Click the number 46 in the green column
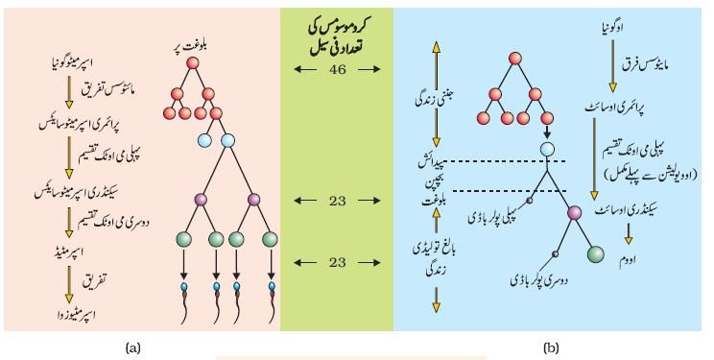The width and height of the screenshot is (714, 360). click(x=337, y=69)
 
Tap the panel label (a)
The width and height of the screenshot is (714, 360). click(x=132, y=348)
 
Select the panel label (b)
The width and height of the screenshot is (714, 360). click(x=551, y=348)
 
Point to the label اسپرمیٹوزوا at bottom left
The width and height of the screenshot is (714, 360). click(x=74, y=314)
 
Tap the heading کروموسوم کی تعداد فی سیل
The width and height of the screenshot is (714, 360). click(x=339, y=38)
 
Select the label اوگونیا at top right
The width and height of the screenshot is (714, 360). click(x=612, y=27)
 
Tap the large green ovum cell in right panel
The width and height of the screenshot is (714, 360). click(x=596, y=254)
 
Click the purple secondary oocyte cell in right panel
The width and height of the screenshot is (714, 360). click(x=575, y=212)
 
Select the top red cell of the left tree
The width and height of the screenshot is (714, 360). click(x=193, y=63)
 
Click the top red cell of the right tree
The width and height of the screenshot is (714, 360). click(x=515, y=59)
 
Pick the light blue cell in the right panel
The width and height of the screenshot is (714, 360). click(x=547, y=150)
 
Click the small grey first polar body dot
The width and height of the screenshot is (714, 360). click(x=530, y=201)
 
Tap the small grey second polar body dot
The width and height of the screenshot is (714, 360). click(x=555, y=253)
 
